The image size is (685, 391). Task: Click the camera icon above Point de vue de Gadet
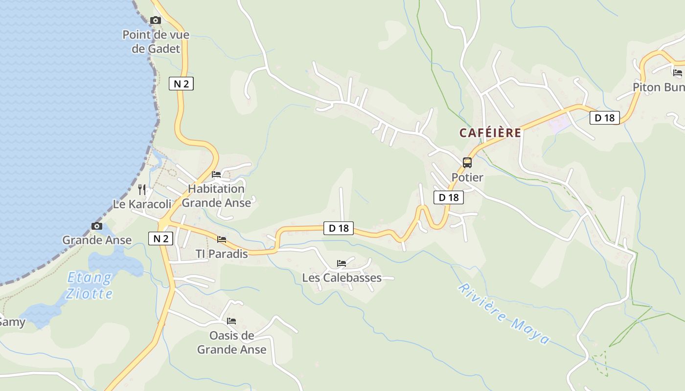156,21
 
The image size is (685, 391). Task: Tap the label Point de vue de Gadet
156,42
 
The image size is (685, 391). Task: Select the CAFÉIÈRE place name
490,133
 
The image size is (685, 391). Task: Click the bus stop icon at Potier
467,163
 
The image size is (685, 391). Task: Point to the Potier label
467,177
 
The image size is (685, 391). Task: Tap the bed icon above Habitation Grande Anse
216,174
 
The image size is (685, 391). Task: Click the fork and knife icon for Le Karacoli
142,189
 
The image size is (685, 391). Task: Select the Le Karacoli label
142,204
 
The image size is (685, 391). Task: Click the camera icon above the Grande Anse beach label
97,226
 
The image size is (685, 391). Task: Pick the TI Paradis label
222,254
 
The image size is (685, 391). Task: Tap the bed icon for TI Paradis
222,239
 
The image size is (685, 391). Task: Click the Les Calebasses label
342,278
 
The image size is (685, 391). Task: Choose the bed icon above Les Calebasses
342,263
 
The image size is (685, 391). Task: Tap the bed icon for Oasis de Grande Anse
231,321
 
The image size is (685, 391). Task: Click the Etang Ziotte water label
90,286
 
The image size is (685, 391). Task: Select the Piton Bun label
658,87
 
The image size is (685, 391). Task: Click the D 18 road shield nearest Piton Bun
605,118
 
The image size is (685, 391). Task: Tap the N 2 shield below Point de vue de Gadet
181,84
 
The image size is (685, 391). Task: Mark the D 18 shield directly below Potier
448,197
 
